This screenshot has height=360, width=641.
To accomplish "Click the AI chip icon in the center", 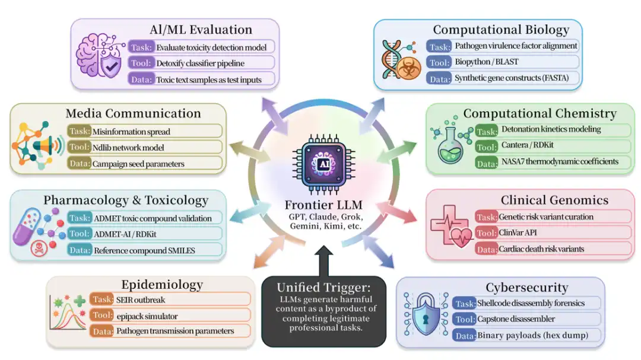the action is tap(324, 164).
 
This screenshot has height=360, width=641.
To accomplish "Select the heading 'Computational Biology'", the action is tap(501, 30).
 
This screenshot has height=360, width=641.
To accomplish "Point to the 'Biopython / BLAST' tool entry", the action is tap(487, 62).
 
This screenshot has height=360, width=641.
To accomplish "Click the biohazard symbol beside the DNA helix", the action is tap(409, 68).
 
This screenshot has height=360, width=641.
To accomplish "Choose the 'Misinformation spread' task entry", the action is tap(131, 132).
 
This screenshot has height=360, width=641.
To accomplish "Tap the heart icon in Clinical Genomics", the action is tap(461, 237).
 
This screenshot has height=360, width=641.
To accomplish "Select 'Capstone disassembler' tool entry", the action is tap(516, 318).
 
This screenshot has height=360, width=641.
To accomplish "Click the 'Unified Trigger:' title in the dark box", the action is tap(324, 287).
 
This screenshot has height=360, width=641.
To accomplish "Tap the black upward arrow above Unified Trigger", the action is tap(324, 261).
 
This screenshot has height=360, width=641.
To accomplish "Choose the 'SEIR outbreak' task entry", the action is tap(141, 300).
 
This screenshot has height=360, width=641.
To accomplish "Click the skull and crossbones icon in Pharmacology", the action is tap(39, 248).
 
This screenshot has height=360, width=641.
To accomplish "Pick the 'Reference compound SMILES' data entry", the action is tap(144, 250).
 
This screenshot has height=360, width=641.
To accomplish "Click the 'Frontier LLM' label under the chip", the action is tap(324, 204).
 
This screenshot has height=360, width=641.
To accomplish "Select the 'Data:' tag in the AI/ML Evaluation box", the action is tap(141, 79).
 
